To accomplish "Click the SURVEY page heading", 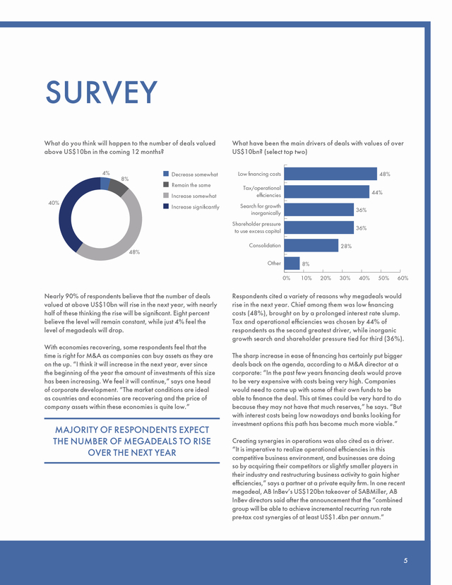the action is pyautogui.click(x=102, y=92).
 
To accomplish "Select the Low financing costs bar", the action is pyautogui.click(x=331, y=174).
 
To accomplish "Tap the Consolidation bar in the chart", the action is pyautogui.click(x=311, y=245).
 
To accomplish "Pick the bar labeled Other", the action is pyautogui.click(x=292, y=264).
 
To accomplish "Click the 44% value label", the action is pyautogui.click(x=377, y=192).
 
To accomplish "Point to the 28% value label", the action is pyautogui.click(x=346, y=247).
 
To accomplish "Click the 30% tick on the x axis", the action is pyautogui.click(x=345, y=278).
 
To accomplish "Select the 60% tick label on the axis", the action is pyautogui.click(x=403, y=278).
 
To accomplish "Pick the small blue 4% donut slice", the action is pyautogui.click(x=105, y=183).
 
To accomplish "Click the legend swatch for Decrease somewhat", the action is pyautogui.click(x=166, y=174).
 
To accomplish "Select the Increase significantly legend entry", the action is pyautogui.click(x=191, y=207).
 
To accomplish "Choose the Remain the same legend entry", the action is pyautogui.click(x=187, y=185).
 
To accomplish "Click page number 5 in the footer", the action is pyautogui.click(x=405, y=560).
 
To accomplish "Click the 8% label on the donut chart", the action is pyautogui.click(x=125, y=179).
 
